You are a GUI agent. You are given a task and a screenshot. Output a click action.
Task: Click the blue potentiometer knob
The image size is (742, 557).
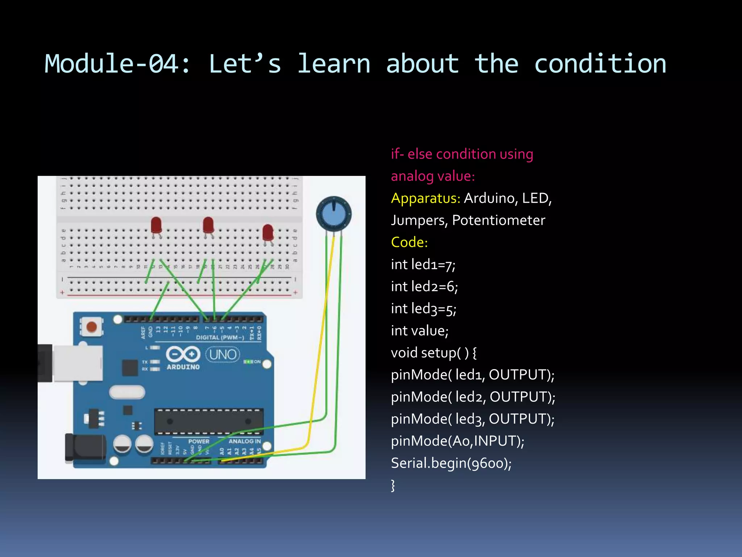334,214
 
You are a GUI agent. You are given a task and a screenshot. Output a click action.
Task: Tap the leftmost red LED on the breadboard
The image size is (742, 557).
156,225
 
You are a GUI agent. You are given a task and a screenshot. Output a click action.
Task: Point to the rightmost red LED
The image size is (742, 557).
268,232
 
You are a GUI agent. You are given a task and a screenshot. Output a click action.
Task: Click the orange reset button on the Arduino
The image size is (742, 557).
92,326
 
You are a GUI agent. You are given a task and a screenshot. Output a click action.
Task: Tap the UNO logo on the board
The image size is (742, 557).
223,354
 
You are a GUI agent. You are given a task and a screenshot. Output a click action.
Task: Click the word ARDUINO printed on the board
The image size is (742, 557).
183,367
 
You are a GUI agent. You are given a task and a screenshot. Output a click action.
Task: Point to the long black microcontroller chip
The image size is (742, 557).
209,421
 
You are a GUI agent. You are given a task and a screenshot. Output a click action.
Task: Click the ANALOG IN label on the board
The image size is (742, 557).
245,441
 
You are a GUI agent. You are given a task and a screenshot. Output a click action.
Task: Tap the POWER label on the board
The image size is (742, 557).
199,441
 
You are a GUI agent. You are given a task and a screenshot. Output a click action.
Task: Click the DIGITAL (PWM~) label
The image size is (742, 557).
220,338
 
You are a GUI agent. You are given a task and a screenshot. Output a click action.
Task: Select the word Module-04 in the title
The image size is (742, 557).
117,64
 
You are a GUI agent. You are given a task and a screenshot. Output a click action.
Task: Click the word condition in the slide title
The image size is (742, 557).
600,64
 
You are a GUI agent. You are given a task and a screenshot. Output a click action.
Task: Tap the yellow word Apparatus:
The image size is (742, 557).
425,198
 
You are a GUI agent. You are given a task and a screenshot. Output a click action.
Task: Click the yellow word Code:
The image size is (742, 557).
409,242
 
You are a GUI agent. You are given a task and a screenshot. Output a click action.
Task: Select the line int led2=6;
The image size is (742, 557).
424,286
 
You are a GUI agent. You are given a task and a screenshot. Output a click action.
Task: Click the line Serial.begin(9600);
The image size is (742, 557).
451,463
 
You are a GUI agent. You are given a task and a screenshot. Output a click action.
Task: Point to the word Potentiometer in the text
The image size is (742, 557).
499,220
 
